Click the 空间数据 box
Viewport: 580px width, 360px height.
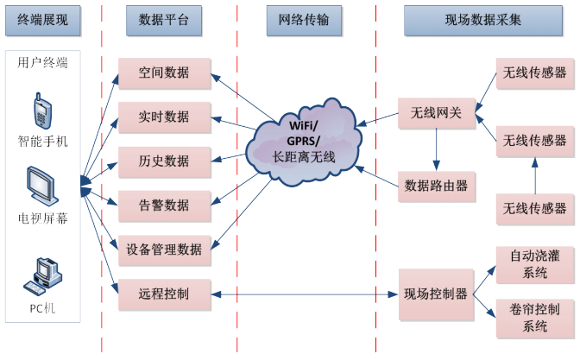164,73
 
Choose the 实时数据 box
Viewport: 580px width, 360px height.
164,117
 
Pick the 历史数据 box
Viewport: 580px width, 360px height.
164,161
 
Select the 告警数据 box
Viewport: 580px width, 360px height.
164,205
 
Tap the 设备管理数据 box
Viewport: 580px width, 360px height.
164,249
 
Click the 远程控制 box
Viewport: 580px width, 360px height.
164,294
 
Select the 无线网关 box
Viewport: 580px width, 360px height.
436,111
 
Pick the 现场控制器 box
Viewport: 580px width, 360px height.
436,294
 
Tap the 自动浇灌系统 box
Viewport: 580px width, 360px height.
535,264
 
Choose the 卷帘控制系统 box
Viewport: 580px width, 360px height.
535,318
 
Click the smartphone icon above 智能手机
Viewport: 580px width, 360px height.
41,110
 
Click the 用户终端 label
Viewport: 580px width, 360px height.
42,63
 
